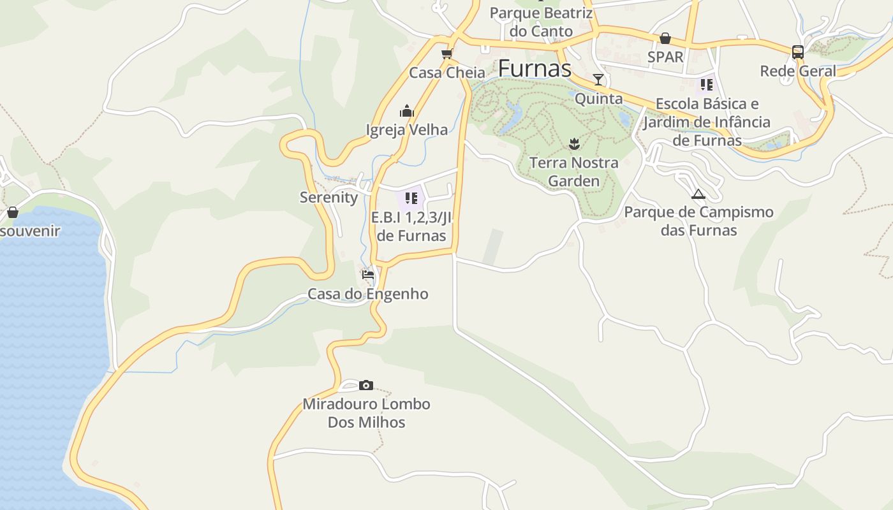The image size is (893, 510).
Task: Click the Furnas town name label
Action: pos(535,68)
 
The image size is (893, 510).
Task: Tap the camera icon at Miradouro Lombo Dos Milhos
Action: pos(365,385)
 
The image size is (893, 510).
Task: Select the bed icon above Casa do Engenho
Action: pos(368,275)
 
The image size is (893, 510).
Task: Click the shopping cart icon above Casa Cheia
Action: pos(447,54)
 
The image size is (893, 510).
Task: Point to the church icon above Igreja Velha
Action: pos(407,112)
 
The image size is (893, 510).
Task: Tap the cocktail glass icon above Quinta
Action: pos(598,80)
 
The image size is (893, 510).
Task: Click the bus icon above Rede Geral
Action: pos(797,52)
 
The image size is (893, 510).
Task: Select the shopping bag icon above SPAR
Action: pos(665,38)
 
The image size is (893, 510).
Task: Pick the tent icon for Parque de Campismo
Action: pos(698,194)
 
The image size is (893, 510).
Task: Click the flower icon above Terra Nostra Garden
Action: pos(575,143)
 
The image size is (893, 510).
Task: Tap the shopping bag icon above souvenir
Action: pos(12,212)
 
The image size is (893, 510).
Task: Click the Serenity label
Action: pos(329,197)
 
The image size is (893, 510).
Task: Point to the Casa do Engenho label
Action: pos(368,294)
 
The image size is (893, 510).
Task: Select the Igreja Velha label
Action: pos(407,129)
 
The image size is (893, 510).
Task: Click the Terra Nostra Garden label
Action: pos(574,171)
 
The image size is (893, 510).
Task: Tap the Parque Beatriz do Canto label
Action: pos(541,22)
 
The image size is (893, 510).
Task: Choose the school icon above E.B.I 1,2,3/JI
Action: pos(411,198)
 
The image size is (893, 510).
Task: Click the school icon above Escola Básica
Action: pos(706,84)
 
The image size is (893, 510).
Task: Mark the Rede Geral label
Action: pos(797,71)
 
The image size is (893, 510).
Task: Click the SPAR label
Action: pos(665,57)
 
